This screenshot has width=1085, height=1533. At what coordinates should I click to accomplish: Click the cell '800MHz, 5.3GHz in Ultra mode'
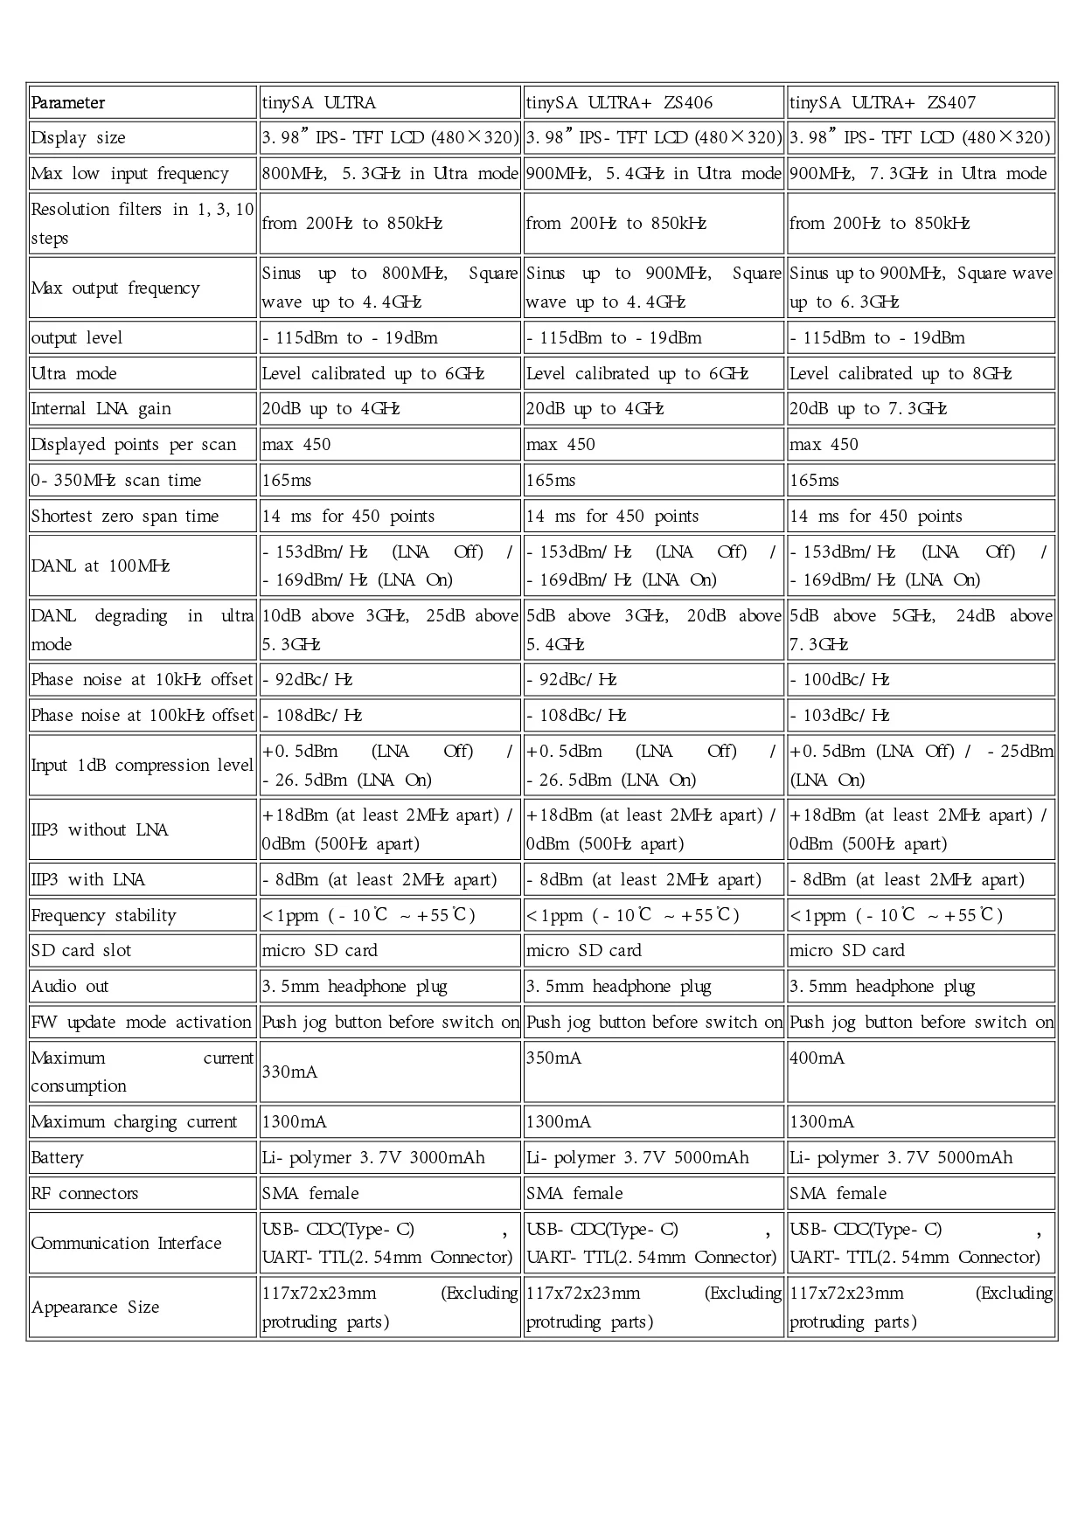click(x=390, y=174)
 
